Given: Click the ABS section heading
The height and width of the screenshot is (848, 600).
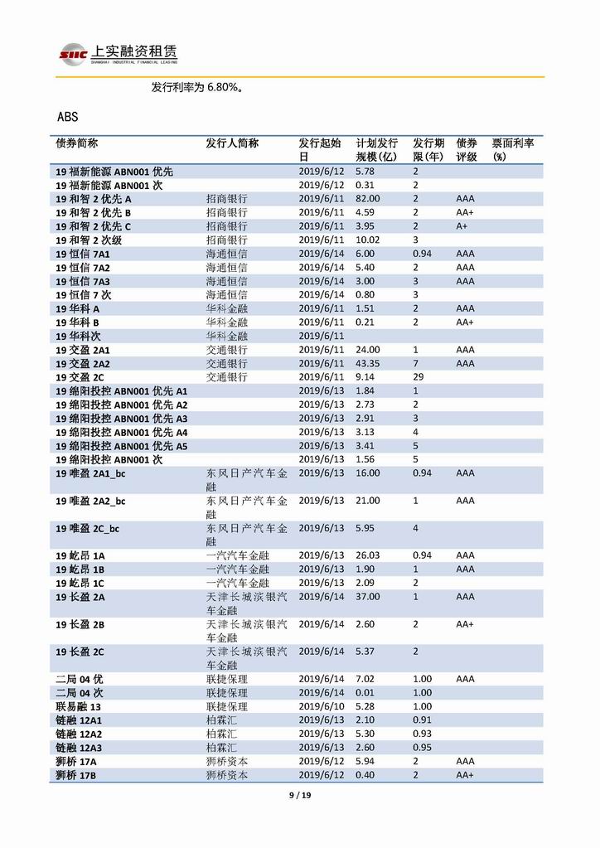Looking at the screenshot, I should (x=68, y=117).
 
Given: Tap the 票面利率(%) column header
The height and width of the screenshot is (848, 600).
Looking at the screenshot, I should (x=513, y=149).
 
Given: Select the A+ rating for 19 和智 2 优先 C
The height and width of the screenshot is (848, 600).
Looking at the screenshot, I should (x=462, y=226).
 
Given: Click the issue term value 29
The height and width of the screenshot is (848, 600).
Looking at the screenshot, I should (x=419, y=377).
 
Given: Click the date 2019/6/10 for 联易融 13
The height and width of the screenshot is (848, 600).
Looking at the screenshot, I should (x=321, y=706).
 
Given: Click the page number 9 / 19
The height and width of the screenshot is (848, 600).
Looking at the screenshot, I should (x=299, y=796).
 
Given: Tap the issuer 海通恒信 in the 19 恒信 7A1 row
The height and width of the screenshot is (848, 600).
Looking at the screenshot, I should (x=226, y=254).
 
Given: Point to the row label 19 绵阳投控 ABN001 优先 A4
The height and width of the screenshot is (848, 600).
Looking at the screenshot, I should (x=122, y=433).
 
